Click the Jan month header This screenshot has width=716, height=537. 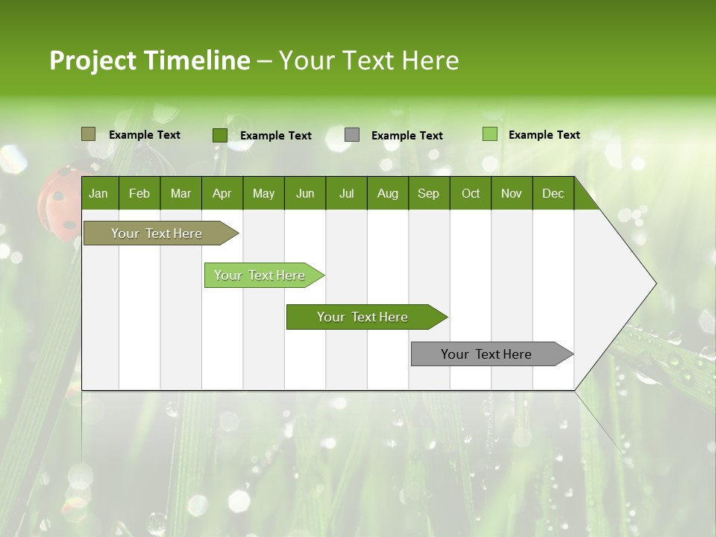[99, 193]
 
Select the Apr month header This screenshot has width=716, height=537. [222, 193]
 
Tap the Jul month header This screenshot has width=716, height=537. [346, 193]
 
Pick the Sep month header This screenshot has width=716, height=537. [428, 193]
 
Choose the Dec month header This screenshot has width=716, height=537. [553, 193]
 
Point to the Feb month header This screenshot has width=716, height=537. [139, 193]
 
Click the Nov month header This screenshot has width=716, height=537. [512, 193]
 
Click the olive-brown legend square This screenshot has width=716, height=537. [88, 134]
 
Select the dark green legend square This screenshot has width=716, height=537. [219, 135]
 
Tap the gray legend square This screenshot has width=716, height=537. [352, 135]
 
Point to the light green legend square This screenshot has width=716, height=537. [490, 134]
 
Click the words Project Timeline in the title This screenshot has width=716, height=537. [150, 60]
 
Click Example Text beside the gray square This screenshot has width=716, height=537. [407, 136]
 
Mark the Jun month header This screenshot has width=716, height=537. [305, 193]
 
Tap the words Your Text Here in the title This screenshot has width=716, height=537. [368, 60]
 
